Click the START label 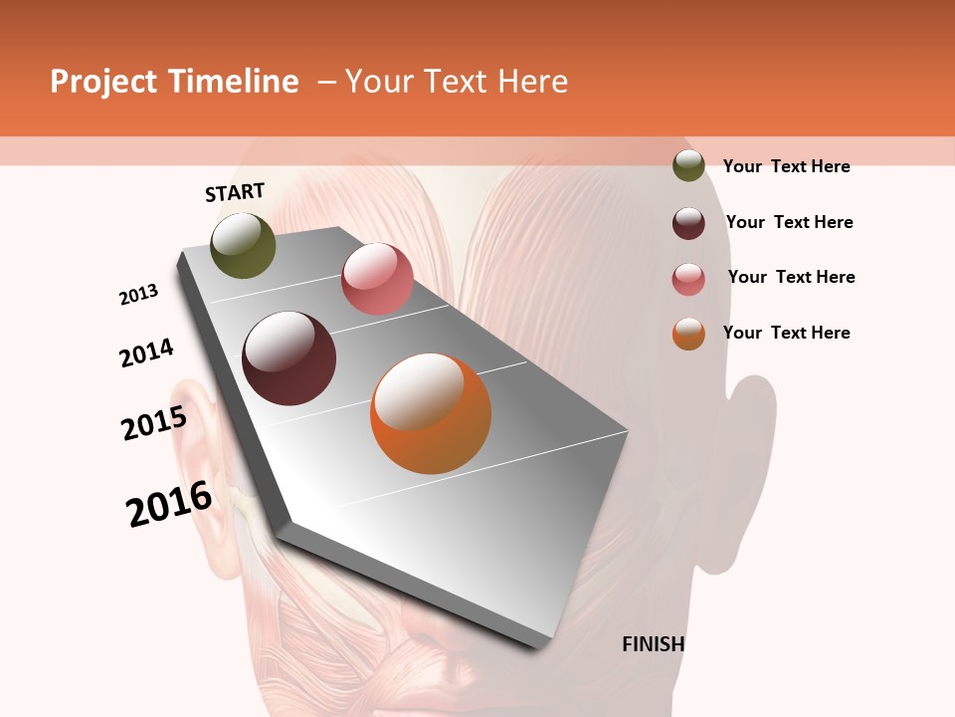point(235,192)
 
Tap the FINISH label point(654,644)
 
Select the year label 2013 point(139,295)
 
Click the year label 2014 point(147,353)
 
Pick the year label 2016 point(170,504)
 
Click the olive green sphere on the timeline point(244,246)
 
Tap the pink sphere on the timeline point(377,278)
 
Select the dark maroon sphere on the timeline point(289,358)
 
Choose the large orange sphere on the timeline point(431,413)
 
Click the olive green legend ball point(688,166)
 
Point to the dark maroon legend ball point(688,223)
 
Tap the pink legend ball point(688,279)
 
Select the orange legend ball point(688,334)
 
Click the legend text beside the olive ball point(786,166)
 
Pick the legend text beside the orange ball point(786,333)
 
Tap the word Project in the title point(104,82)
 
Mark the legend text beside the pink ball point(791,277)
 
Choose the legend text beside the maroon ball point(789,222)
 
